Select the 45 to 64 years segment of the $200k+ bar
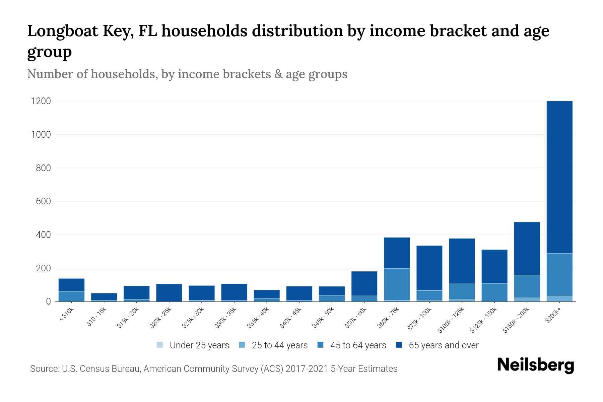click(559, 274)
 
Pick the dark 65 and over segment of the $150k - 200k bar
click(527, 248)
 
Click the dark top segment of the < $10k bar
click(71, 285)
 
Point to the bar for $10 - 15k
click(104, 297)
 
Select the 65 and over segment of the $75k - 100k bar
click(429, 268)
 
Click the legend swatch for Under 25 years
click(160, 345)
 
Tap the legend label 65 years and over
click(444, 345)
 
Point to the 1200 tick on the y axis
click(41, 101)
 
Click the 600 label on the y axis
click(43, 201)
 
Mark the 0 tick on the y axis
click(48, 301)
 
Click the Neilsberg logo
click(535, 365)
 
